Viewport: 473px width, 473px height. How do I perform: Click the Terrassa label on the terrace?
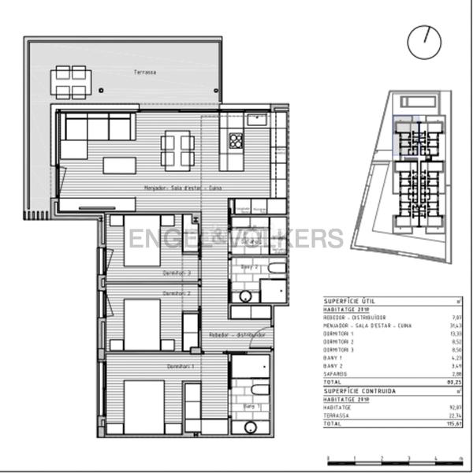pos(144,72)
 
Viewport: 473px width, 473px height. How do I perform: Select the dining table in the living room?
pos(177,149)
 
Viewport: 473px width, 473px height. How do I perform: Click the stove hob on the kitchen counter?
pos(235,140)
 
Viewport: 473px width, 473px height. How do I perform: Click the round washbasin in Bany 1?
pos(251,427)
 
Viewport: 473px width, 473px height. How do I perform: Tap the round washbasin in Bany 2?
pos(245,296)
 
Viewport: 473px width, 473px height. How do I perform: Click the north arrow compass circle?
pos(425,41)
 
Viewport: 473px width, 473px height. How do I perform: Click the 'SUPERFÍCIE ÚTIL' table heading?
pos(351,301)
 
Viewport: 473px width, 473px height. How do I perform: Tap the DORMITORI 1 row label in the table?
pos(340,333)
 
